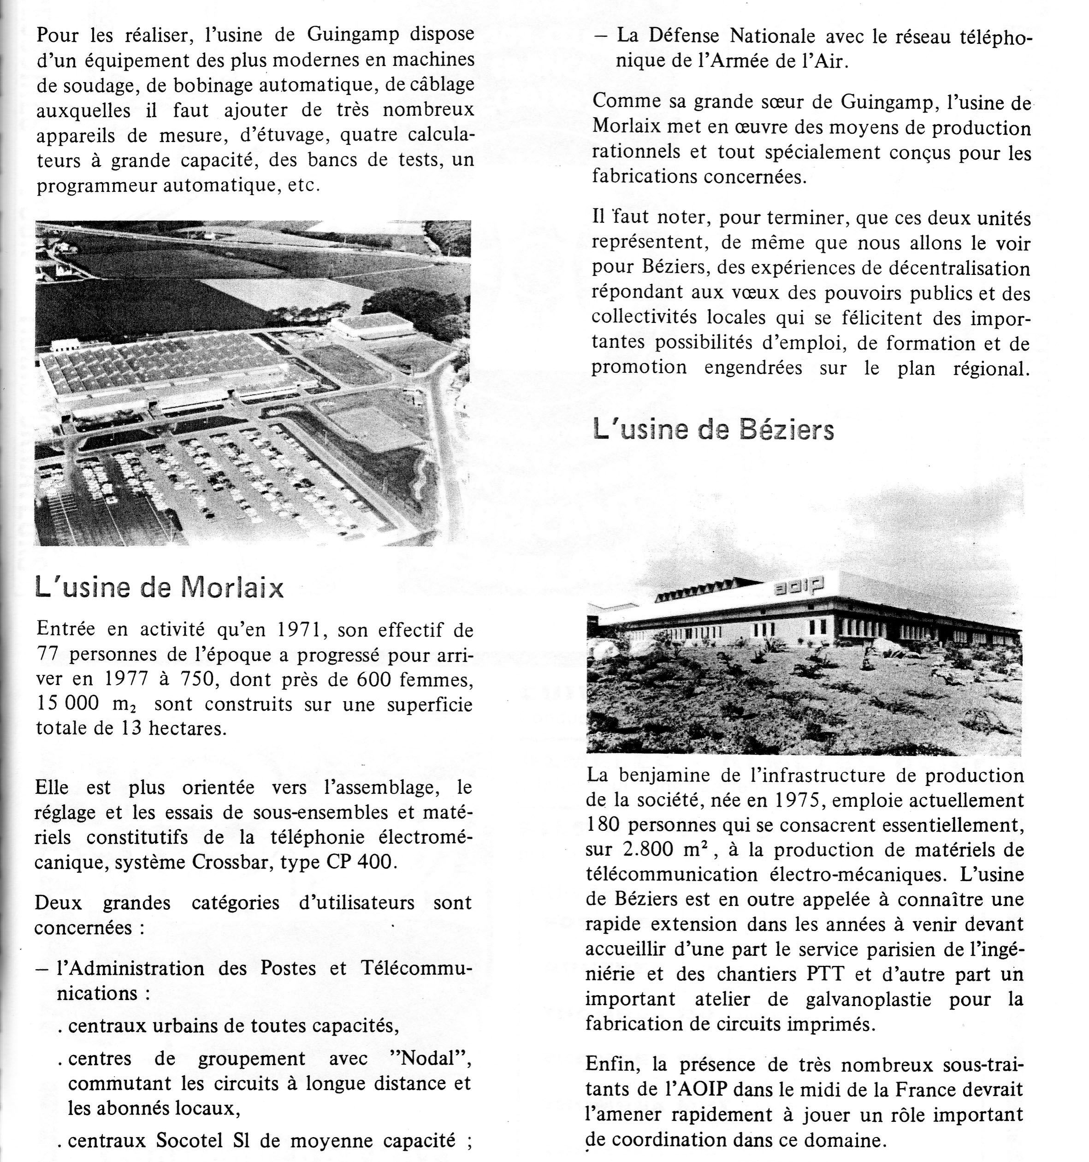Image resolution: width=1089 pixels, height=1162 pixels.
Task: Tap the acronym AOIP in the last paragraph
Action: click(685, 1090)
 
